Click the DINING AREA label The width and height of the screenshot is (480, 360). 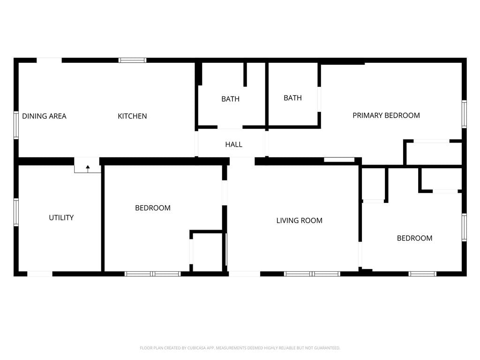coord(44,116)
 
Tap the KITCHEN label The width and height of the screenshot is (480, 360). coord(132,116)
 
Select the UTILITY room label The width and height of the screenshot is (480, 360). coord(61,217)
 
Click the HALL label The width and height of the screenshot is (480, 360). coord(233,144)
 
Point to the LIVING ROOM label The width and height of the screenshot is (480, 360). coord(299,221)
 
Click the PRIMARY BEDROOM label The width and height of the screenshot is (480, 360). coord(386,115)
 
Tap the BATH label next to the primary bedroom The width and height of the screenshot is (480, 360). coord(292,98)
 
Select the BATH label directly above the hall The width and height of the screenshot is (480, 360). coord(230,99)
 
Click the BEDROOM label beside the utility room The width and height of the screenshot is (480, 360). coord(153,208)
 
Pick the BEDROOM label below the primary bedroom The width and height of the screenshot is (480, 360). coord(414,238)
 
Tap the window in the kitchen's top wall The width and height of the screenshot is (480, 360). coord(133,60)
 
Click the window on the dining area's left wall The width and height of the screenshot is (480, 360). coord(16,125)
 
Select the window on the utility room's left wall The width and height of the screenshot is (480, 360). coord(16,212)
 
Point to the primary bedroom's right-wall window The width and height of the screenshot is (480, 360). coord(464,114)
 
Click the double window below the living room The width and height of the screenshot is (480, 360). coord(312,274)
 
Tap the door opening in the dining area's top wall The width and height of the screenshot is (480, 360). coord(49,60)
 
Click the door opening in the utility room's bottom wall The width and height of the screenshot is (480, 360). coord(40,274)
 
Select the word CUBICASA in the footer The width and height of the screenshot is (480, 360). coord(196,348)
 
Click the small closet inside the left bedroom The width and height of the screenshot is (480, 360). coord(207,252)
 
